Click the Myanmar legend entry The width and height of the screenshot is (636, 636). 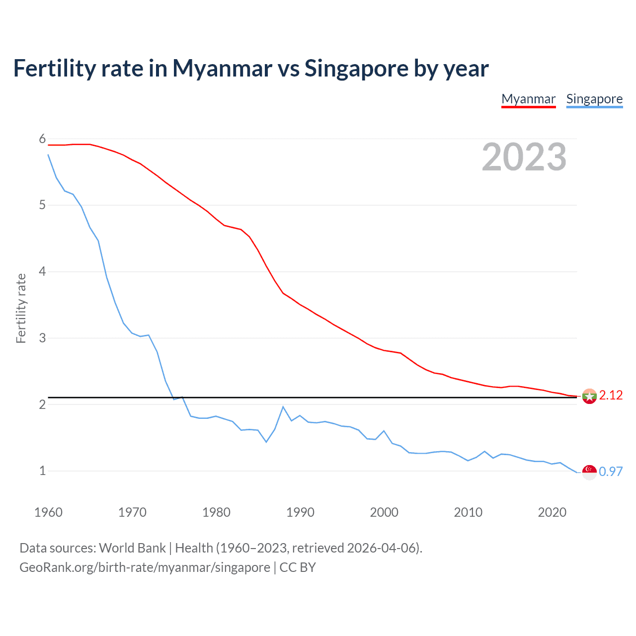[528, 99]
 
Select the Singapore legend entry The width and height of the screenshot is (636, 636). [594, 99]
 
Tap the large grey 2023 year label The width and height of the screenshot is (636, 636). [524, 157]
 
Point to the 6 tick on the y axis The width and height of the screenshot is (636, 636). [42, 139]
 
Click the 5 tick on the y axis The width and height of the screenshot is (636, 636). [42, 205]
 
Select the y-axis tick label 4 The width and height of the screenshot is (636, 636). [42, 272]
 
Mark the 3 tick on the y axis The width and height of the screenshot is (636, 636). [42, 338]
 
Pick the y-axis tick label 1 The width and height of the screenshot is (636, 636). [42, 471]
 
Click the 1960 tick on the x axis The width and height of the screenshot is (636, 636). [48, 512]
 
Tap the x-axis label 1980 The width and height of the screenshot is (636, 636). [216, 512]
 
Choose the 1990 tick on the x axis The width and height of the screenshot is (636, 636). [300, 512]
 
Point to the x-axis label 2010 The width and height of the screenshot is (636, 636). [468, 512]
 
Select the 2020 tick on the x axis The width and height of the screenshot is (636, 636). [552, 512]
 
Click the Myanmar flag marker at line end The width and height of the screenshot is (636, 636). [589, 397]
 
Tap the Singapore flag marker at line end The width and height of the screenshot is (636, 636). [589, 473]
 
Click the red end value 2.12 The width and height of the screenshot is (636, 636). [611, 396]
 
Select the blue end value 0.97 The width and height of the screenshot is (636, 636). [611, 472]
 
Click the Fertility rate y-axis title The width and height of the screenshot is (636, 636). [21, 308]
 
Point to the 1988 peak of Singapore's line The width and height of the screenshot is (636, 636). [283, 407]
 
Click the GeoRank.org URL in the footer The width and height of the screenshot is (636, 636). [145, 567]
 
